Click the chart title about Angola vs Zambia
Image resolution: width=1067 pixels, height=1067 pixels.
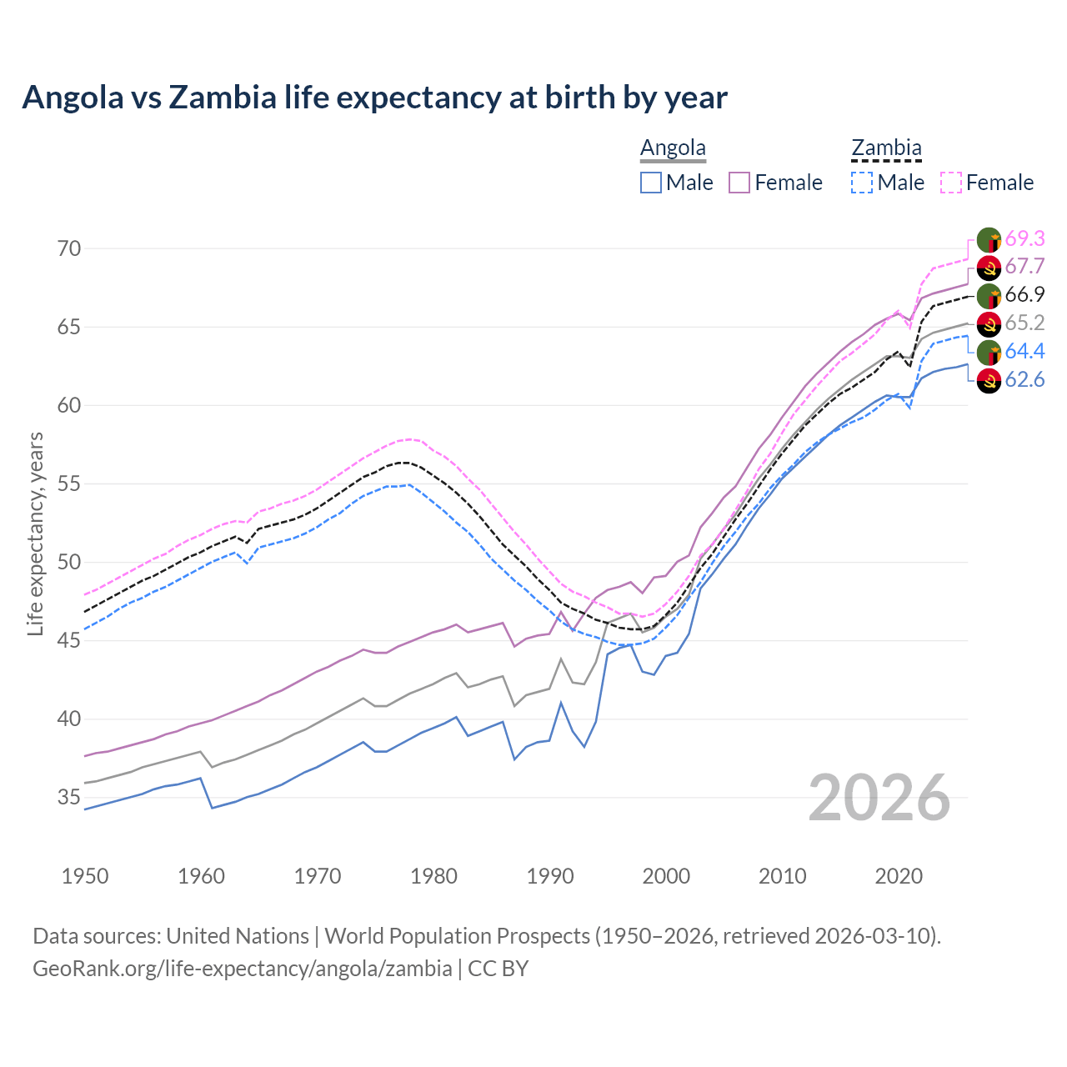click(374, 98)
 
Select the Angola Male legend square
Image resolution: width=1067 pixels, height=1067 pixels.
click(651, 183)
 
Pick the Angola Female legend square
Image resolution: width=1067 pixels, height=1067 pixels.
click(739, 183)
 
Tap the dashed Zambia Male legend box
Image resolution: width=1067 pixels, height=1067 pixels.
click(862, 183)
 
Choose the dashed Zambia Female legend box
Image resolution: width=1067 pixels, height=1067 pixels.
click(951, 183)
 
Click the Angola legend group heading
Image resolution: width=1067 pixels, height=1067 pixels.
click(673, 148)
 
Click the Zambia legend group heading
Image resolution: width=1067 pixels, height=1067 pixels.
click(886, 148)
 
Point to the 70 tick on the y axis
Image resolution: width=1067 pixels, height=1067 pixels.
click(69, 248)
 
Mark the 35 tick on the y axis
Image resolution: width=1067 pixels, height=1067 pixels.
click(69, 798)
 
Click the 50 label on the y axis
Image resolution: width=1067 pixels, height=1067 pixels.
click(69, 563)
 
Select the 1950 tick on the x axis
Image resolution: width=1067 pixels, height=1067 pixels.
click(85, 876)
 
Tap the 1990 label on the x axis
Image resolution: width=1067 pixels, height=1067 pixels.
click(550, 876)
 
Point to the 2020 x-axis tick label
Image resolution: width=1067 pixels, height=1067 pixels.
click(899, 876)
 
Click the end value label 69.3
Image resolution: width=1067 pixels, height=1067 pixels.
click(1024, 238)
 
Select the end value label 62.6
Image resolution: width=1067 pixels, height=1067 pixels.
click(1024, 380)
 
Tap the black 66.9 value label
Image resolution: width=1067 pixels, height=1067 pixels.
click(1024, 294)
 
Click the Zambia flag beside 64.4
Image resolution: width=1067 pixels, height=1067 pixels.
click(989, 352)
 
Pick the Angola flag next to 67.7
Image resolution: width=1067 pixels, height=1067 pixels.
click(989, 268)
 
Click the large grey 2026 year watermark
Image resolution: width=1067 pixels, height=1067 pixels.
click(879, 798)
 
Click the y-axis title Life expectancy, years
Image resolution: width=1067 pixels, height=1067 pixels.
click(35, 533)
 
